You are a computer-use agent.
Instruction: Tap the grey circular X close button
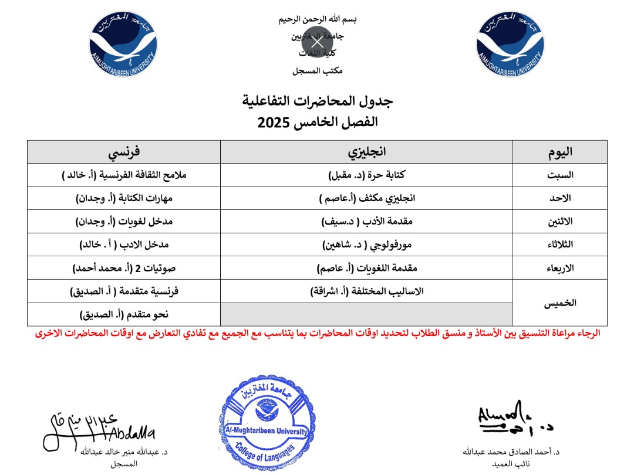click(x=317, y=42)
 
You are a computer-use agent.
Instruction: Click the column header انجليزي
click(x=366, y=152)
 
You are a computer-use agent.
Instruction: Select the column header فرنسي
click(x=123, y=152)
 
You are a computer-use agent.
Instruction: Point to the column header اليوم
click(x=559, y=152)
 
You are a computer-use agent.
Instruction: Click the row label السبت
click(x=559, y=175)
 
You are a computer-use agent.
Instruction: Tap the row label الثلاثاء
click(x=559, y=245)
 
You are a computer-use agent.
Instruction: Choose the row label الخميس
click(x=559, y=303)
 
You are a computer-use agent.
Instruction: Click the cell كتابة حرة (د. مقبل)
click(x=366, y=175)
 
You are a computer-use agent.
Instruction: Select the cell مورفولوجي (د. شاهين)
click(x=366, y=245)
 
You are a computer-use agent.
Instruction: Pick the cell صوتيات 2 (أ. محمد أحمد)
click(x=123, y=269)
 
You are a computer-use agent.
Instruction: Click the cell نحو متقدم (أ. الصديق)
click(x=123, y=315)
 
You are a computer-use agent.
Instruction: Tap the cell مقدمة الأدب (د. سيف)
click(x=366, y=222)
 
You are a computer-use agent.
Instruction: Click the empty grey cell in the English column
click(x=366, y=315)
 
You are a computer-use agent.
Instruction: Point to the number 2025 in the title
click(x=275, y=123)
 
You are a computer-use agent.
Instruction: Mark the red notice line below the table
click(x=317, y=334)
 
